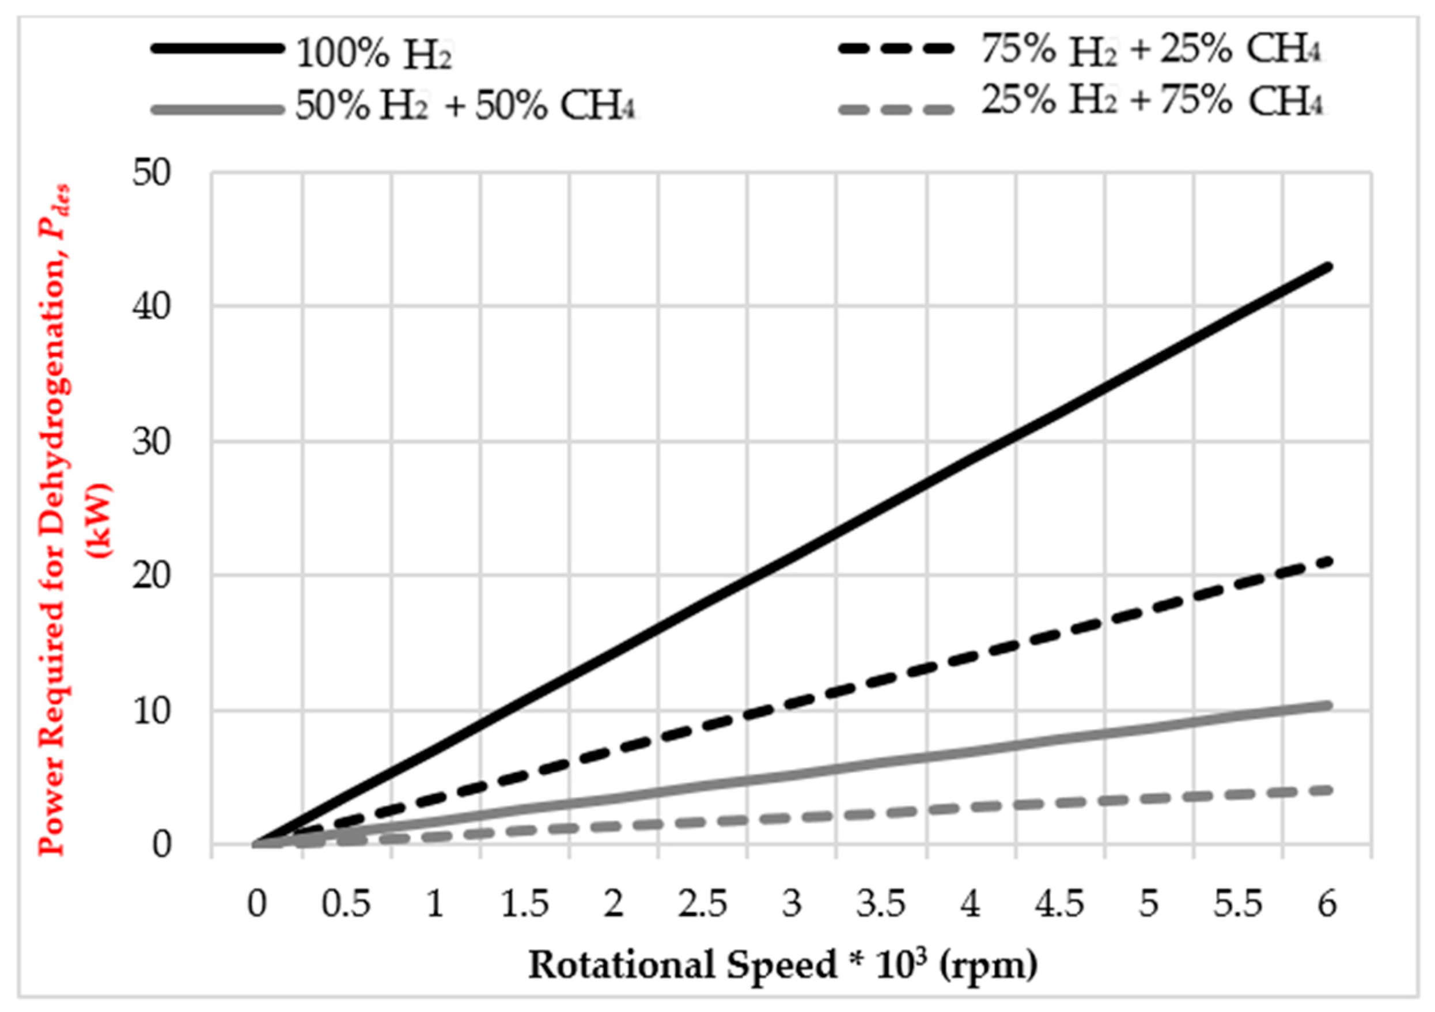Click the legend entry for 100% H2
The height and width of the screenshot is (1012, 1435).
click(374, 55)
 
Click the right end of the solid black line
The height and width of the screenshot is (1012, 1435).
click(1328, 267)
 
